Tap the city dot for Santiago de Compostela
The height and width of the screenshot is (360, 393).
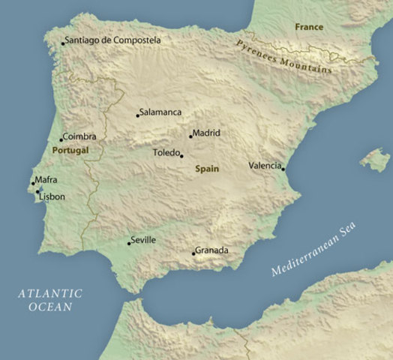pyautogui.click(x=63, y=43)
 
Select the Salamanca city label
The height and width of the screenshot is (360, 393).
pyautogui.click(x=161, y=112)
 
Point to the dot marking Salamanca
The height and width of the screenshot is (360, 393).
pyautogui.click(x=138, y=115)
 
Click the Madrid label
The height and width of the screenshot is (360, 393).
pyautogui.click(x=206, y=133)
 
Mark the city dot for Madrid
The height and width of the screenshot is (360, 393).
pyautogui.click(x=190, y=136)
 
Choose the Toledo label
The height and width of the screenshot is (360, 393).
pyautogui.click(x=166, y=152)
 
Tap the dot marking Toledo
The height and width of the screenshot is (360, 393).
pyautogui.click(x=181, y=156)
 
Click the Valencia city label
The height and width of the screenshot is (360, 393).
pyautogui.click(x=265, y=165)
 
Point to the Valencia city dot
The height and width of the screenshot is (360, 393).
pyautogui.click(x=283, y=169)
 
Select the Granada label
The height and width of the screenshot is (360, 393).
pyautogui.click(x=211, y=250)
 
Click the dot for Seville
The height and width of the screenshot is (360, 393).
pyautogui.click(x=128, y=243)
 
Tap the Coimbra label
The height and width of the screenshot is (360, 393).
pyautogui.click(x=79, y=136)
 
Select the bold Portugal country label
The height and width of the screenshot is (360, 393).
pyautogui.click(x=70, y=150)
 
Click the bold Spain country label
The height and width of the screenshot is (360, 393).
pyautogui.click(x=207, y=169)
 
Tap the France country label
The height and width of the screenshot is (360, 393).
pyautogui.click(x=309, y=27)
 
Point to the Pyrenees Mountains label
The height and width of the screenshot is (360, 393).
pyautogui.click(x=284, y=56)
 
